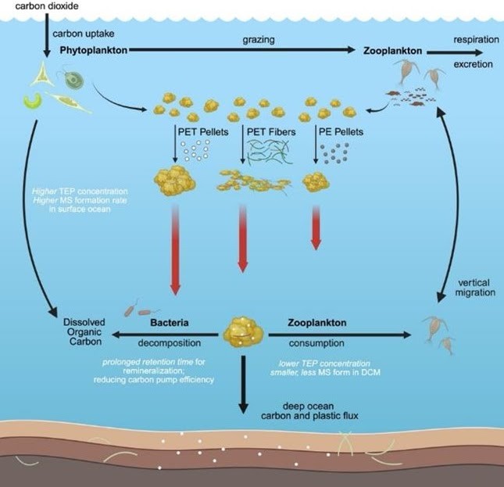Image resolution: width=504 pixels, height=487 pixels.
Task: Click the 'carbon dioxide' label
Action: (30, 6)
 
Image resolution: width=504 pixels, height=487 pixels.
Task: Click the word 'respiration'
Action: (476, 38)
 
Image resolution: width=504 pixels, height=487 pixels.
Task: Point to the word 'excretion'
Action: (476, 64)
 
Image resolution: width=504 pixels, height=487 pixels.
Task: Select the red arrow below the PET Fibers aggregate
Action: (242, 238)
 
